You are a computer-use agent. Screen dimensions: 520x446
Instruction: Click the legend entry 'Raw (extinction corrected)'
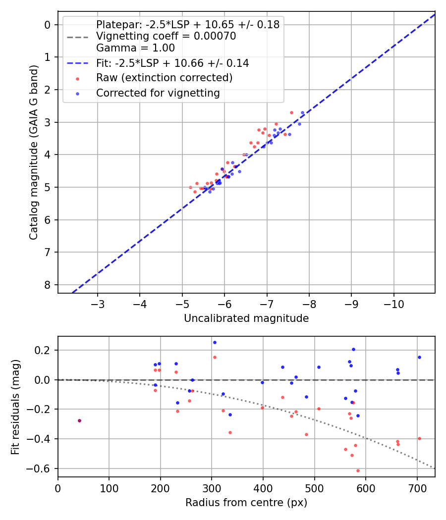[164, 78]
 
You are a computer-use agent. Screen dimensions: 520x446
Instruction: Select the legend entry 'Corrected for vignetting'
[158, 93]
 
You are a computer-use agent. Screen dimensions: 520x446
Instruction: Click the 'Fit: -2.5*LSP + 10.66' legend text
[172, 63]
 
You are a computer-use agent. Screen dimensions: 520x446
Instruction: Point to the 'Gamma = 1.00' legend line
[135, 48]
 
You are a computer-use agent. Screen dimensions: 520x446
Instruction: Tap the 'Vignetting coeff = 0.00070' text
[166, 36]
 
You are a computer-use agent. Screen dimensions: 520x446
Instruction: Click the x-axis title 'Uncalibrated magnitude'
[246, 318]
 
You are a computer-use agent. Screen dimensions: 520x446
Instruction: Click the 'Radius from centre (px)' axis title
[246, 503]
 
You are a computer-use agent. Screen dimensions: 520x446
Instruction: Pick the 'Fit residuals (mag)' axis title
[16, 407]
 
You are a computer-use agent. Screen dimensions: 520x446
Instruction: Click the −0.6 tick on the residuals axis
[42, 468]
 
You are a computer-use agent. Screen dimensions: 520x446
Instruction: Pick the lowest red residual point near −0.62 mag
[358, 470]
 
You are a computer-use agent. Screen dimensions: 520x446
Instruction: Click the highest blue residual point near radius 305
[215, 342]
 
